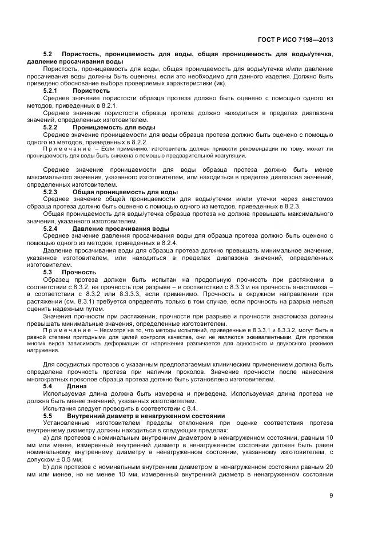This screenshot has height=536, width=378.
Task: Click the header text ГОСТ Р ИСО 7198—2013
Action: [295, 40]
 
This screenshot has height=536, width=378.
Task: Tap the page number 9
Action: [331, 496]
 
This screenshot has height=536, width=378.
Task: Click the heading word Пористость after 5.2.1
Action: [91, 91]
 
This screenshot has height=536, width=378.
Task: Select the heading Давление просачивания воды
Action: [121, 228]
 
